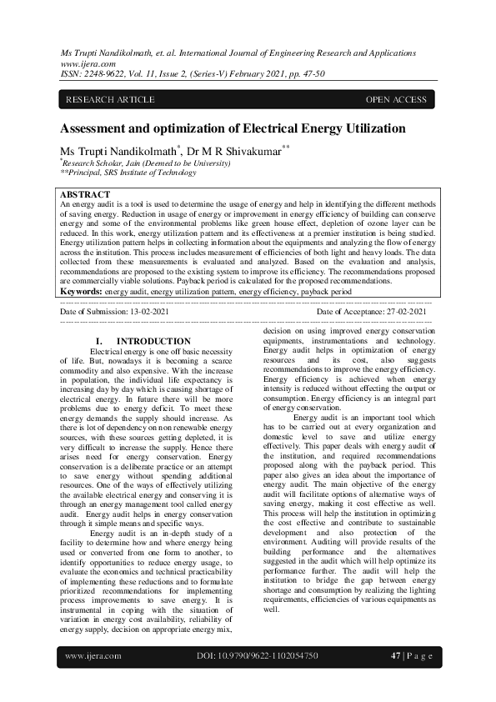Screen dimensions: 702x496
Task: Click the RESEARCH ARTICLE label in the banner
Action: [x=110, y=100]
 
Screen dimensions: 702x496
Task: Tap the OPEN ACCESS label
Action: [x=396, y=100]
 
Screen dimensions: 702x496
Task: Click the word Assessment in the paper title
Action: [x=97, y=129]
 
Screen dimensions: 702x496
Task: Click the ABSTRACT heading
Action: [x=85, y=194]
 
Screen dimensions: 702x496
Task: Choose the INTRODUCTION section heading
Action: [x=153, y=342]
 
